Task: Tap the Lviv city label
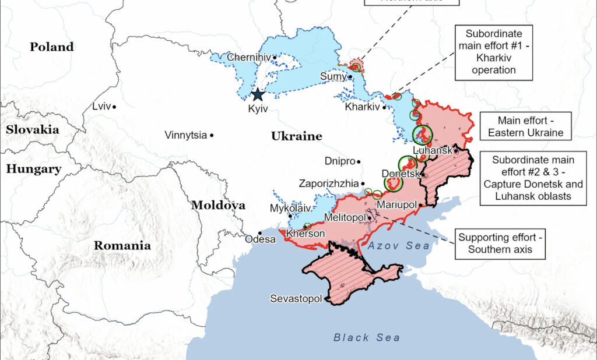coord(101,107)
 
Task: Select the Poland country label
coord(52,47)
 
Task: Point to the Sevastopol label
coord(296,299)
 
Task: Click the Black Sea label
coord(367,337)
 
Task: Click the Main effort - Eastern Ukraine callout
coord(525,127)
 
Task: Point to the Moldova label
coord(218,205)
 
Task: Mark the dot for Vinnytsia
coord(212,135)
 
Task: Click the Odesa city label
coord(259,239)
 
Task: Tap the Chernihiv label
coord(248,57)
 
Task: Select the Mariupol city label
coord(396,205)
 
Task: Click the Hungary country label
coord(33,169)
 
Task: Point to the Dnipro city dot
coord(359,161)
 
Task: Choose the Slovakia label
coord(33,129)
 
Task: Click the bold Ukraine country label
coord(296,136)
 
